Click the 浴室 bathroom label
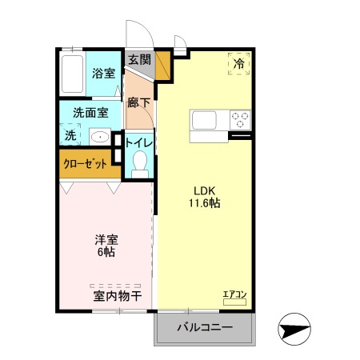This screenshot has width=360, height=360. [103, 74]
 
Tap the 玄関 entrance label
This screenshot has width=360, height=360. [139, 59]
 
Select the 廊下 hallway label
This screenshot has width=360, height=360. [139, 102]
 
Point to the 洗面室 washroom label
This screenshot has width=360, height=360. [86, 113]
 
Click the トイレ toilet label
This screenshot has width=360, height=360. [139, 142]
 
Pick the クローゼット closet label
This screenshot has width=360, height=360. [86, 165]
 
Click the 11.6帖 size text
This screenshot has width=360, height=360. [205, 203]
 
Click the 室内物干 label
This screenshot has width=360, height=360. [117, 297]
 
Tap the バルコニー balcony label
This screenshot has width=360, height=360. [205, 328]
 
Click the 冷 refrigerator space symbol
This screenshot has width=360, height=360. [239, 62]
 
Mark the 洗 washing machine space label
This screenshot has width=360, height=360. [70, 135]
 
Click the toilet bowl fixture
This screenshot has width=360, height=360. [140, 164]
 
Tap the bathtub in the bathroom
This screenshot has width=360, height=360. [73, 75]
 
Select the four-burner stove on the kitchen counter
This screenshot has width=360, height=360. [240, 120]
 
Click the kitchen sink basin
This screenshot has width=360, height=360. [202, 120]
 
